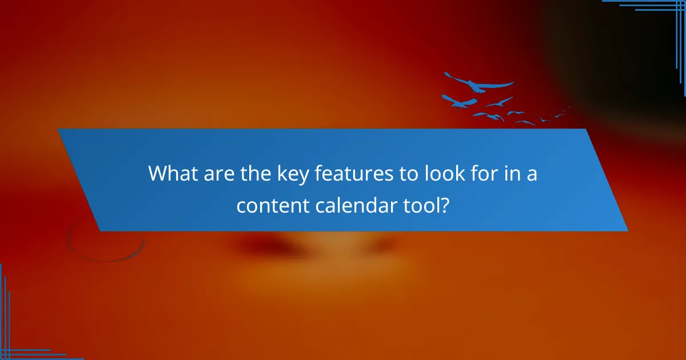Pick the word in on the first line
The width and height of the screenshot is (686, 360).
(505, 174)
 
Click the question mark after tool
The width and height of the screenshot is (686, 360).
(444, 206)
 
